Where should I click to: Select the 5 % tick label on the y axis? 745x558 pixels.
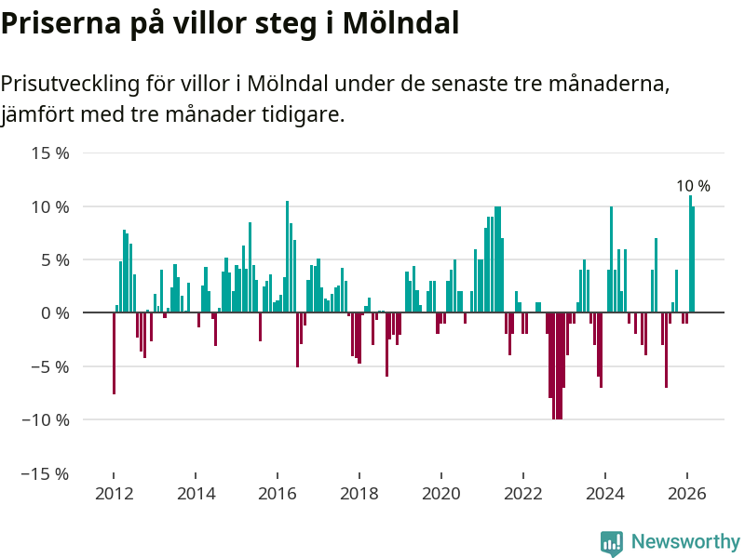click(x=54, y=259)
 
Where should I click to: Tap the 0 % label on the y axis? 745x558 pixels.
click(x=54, y=312)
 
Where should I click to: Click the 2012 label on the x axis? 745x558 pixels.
click(x=113, y=494)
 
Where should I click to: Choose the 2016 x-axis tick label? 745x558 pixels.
click(x=277, y=494)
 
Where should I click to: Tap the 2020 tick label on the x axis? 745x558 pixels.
click(x=441, y=494)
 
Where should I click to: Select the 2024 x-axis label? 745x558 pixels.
click(x=605, y=494)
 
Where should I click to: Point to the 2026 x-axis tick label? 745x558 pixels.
click(x=687, y=494)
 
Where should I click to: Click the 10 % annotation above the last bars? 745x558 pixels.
click(x=693, y=186)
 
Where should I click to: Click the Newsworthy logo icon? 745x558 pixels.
click(x=612, y=543)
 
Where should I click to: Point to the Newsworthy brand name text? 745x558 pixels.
click(x=685, y=541)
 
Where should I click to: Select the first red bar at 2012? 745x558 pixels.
click(x=114, y=353)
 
